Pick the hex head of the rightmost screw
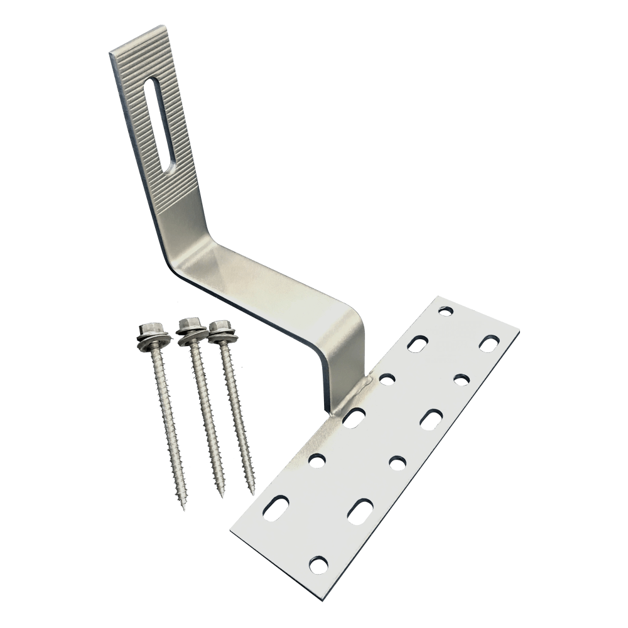coord(218,328)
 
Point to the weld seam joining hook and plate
coord(339,406)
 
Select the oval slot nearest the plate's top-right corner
coord(490,344)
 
